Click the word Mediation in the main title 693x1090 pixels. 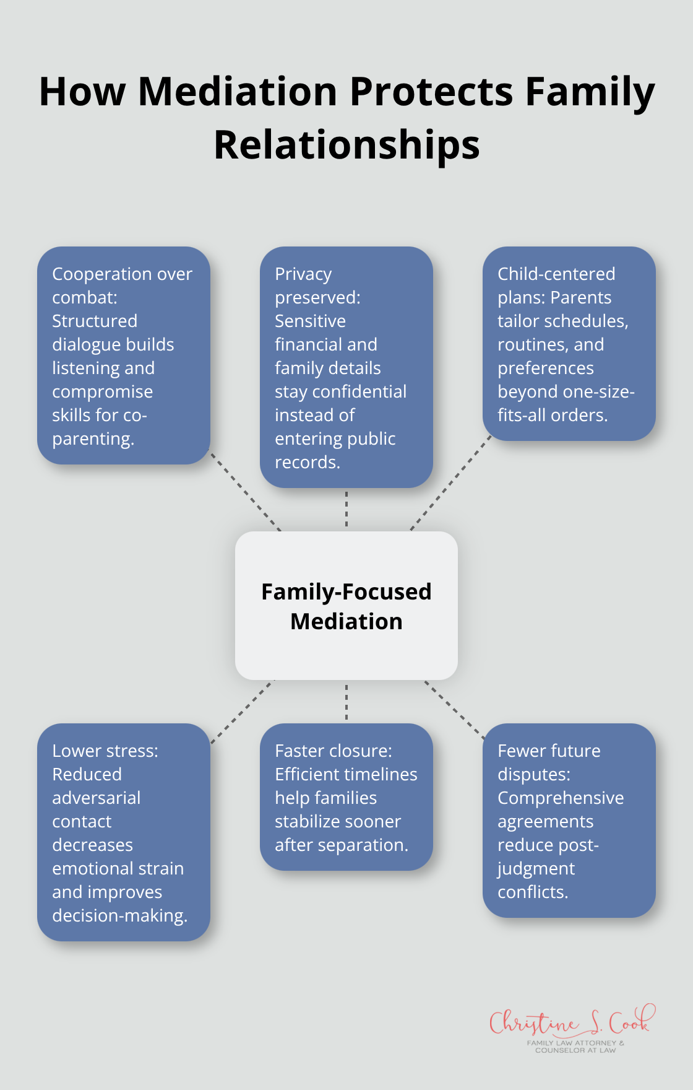tap(238, 92)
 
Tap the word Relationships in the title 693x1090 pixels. tap(346, 146)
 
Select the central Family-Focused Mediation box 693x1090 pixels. tap(346, 606)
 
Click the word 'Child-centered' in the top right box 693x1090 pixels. tap(556, 274)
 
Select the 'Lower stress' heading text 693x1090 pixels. tap(105, 751)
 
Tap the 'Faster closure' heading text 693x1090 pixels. tap(333, 751)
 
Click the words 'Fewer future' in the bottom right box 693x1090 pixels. tap(549, 751)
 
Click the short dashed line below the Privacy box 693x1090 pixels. tap(346, 509)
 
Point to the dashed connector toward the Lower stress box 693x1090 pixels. tap(243, 712)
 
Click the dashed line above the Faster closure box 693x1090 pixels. tap(346, 702)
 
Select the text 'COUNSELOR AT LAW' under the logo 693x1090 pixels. tap(575, 1050)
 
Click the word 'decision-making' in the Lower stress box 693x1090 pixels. tap(119, 916)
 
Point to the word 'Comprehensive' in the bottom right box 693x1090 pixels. tap(561, 798)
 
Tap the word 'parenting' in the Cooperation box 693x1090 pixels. tap(92, 439)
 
